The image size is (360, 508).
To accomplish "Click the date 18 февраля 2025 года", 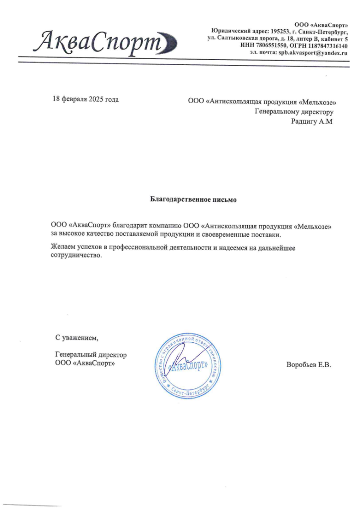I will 86,99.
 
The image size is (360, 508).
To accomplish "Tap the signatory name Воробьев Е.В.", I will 308,364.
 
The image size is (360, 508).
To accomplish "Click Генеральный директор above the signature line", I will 91,355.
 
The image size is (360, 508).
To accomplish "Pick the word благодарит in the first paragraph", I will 134,226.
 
